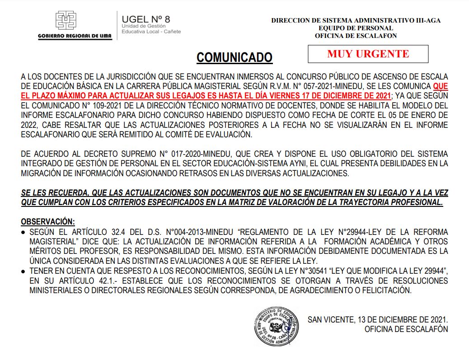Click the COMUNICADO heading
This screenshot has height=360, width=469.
[x=234, y=57]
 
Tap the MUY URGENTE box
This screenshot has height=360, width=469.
[x=368, y=54]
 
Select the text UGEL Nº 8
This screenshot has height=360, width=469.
[x=145, y=19]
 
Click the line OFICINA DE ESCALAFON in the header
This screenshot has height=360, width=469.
[x=356, y=36]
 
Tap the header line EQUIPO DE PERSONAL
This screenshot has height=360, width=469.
[x=356, y=28]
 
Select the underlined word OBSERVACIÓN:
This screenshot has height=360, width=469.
[x=48, y=222]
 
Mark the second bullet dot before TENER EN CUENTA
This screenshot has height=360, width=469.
[x=23, y=271]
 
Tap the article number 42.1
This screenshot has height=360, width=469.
[x=93, y=281]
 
